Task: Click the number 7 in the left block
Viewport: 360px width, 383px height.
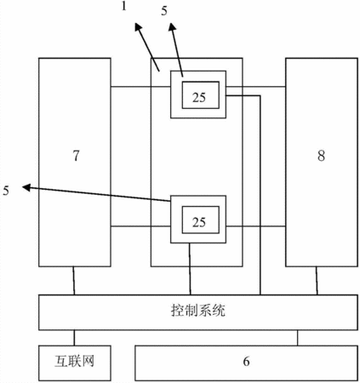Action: [76, 156]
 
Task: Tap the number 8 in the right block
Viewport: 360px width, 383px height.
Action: [321, 156]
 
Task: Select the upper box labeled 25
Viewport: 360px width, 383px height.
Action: [201, 95]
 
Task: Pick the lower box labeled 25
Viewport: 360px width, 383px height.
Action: [201, 220]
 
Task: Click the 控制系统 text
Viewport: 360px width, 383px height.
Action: [198, 310]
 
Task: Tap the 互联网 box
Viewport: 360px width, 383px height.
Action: [75, 363]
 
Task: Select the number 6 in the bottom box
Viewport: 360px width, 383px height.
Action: [246, 361]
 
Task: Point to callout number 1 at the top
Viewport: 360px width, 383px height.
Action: [123, 6]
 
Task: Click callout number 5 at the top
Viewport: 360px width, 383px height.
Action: [164, 11]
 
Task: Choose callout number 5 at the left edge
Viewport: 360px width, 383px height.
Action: [6, 191]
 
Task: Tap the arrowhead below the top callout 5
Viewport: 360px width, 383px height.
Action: [173, 27]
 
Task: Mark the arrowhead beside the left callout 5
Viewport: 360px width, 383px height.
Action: [26, 187]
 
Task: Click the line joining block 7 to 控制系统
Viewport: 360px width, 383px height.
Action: [74, 281]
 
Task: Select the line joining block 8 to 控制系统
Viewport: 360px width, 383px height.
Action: [317, 281]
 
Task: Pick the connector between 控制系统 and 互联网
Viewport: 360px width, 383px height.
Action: [74, 338]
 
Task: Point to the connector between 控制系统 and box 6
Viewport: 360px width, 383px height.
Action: [297, 338]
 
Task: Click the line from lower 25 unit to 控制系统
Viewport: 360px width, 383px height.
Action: [190, 269]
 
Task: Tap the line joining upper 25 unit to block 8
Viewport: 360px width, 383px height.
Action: [255, 87]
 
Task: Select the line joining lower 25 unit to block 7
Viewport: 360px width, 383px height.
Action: [140, 226]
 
